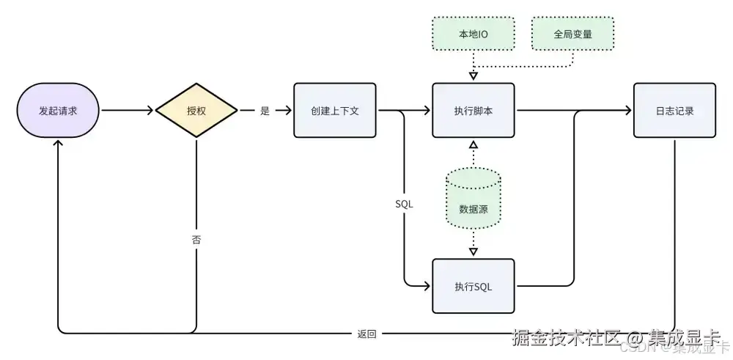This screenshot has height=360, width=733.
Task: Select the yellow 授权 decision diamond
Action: pyautogui.click(x=196, y=111)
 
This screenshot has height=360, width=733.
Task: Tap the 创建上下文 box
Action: pyautogui.click(x=335, y=111)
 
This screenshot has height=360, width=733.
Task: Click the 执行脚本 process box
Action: pyautogui.click(x=474, y=111)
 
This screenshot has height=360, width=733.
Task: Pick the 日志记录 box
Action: pyautogui.click(x=674, y=111)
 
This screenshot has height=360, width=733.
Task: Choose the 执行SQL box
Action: pyautogui.click(x=474, y=286)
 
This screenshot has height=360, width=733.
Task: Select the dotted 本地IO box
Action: pyautogui.click(x=474, y=34)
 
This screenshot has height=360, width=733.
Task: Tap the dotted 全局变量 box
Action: pyautogui.click(x=572, y=34)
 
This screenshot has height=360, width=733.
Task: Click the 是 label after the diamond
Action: pyautogui.click(x=265, y=111)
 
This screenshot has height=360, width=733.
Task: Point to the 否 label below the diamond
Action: pyautogui.click(x=196, y=240)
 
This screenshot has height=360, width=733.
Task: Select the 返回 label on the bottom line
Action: pyautogui.click(x=366, y=334)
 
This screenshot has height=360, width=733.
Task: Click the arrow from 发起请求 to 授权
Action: pyautogui.click(x=128, y=111)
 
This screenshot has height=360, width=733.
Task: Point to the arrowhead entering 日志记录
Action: pyautogui.click(x=628, y=111)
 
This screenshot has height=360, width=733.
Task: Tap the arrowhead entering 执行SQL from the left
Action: pyautogui.click(x=427, y=286)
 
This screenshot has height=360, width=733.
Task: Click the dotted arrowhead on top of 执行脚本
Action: pyautogui.click(x=474, y=76)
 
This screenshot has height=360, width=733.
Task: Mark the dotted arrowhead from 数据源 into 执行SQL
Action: pyautogui.click(x=474, y=251)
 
